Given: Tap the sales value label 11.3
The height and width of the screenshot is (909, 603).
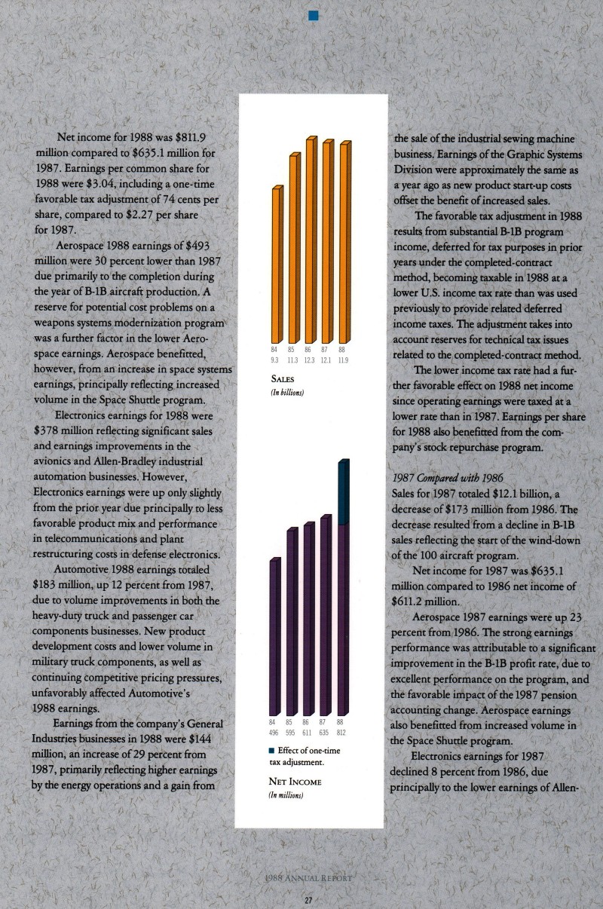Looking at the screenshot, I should (x=292, y=360).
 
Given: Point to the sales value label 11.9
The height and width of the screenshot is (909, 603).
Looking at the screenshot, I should (x=342, y=360).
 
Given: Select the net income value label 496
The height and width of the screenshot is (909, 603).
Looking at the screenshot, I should (x=275, y=732).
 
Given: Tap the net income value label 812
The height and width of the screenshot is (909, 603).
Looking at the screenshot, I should (x=341, y=732).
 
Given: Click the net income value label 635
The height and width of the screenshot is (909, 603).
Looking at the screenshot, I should (x=325, y=732).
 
